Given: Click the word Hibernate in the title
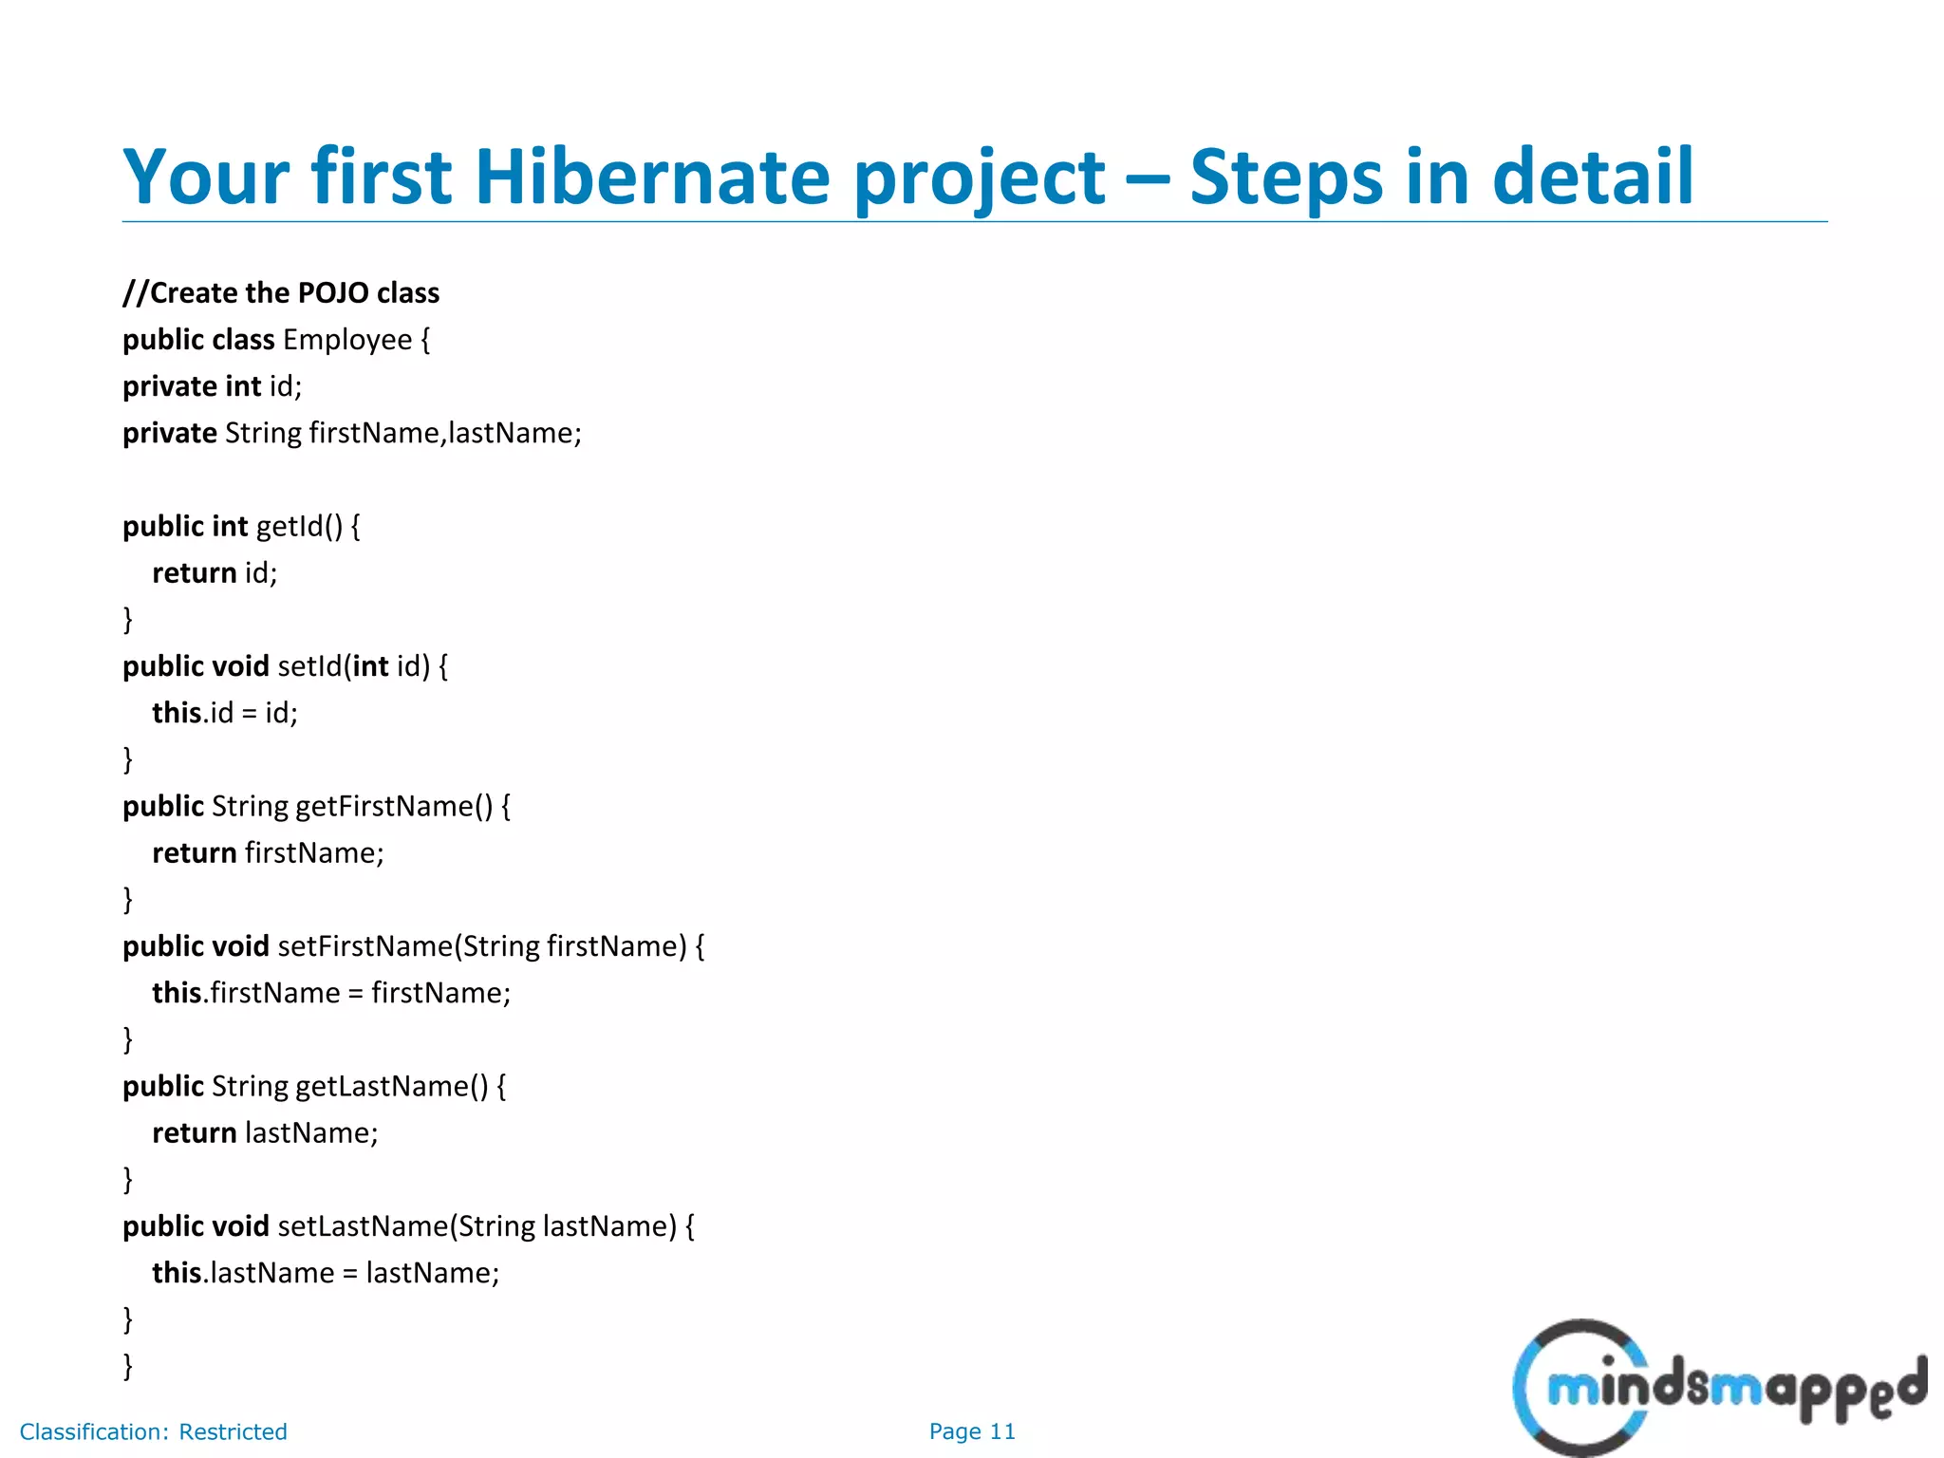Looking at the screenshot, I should click(651, 178).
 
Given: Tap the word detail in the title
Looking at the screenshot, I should click(1592, 178).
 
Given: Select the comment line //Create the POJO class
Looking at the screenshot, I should click(281, 292).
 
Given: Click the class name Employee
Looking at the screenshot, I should click(347, 340).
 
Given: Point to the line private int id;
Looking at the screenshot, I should click(212, 386).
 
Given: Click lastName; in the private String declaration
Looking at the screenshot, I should click(514, 433).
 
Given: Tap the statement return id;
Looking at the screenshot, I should click(215, 572).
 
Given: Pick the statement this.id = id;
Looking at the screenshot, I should click(225, 713).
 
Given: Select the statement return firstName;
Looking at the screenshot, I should click(268, 852).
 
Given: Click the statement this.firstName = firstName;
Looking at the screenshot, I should click(331, 993).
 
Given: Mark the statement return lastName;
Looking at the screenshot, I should click(265, 1132).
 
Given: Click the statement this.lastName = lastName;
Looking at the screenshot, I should click(326, 1273).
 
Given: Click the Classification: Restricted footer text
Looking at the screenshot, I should click(153, 1431).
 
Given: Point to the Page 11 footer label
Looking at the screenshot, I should click(972, 1431).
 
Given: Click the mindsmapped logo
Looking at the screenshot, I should click(1718, 1388).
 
